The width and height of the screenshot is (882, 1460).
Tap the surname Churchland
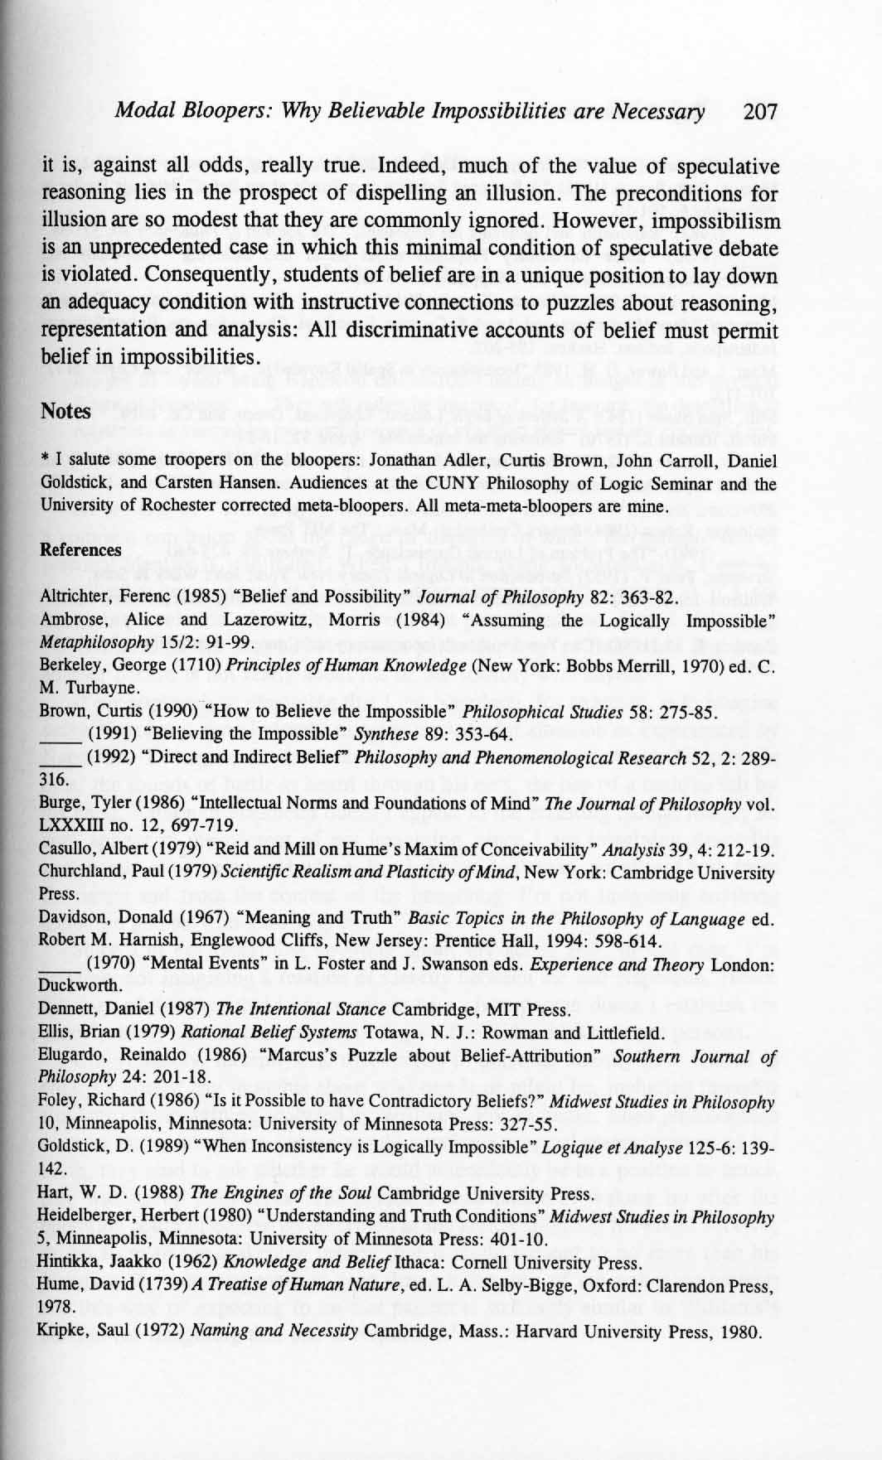pos(80,873)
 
